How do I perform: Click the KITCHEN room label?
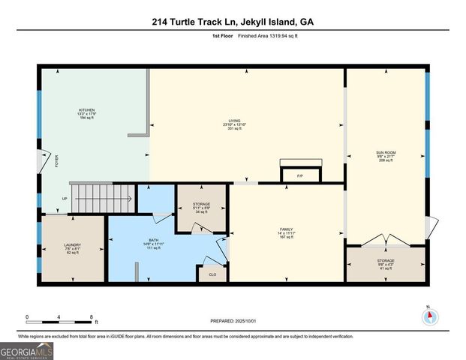click(x=87, y=110)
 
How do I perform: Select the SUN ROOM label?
click(x=386, y=152)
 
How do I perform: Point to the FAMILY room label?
click(x=286, y=229)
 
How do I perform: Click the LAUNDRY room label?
click(x=72, y=245)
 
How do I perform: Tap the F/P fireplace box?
click(x=299, y=175)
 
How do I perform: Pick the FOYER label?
click(x=56, y=160)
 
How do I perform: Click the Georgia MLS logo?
click(x=26, y=350)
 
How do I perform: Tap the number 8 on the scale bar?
click(x=92, y=317)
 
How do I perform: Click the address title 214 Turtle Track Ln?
click(x=233, y=22)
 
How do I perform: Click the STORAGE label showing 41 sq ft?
click(x=386, y=261)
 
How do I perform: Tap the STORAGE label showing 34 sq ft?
click(x=201, y=204)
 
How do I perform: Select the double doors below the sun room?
click(x=385, y=241)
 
